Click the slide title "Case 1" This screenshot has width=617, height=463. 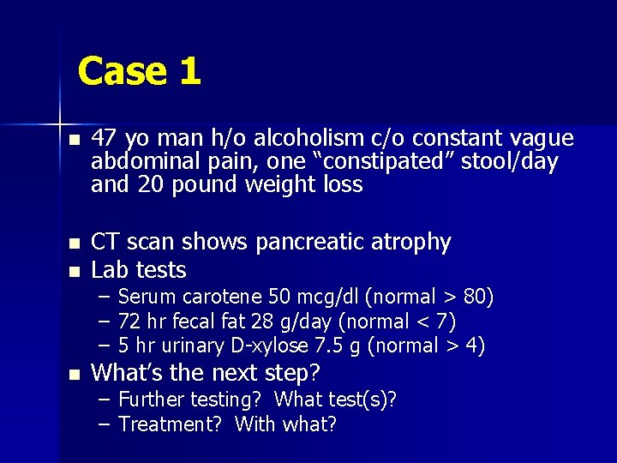tap(139, 71)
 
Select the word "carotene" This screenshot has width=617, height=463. tap(221, 298)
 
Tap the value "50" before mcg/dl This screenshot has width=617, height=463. tap(279, 298)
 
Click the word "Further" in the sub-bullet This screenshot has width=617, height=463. tap(151, 400)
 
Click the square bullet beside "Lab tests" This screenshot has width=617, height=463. tap(75, 271)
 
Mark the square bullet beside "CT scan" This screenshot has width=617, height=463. tap(75, 244)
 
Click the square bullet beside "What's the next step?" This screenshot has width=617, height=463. tap(75, 374)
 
